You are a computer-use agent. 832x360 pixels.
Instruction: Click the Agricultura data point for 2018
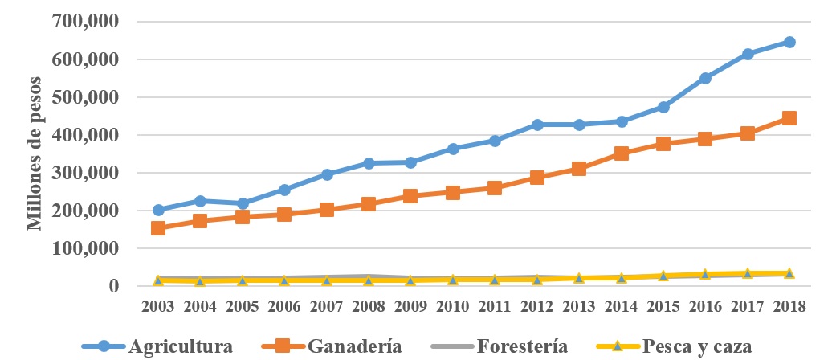[x=789, y=42]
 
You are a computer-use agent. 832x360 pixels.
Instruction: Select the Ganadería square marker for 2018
[x=789, y=118]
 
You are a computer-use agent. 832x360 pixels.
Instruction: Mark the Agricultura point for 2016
[x=705, y=78]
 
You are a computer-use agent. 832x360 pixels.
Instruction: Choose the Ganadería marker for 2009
[x=410, y=195]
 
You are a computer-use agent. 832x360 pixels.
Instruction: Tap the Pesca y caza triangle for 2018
[x=789, y=273]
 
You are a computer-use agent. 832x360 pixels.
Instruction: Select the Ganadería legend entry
[x=336, y=346]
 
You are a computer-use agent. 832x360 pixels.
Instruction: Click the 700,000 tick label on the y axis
[x=86, y=22]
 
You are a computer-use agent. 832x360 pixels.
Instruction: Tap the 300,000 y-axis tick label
[x=86, y=173]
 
